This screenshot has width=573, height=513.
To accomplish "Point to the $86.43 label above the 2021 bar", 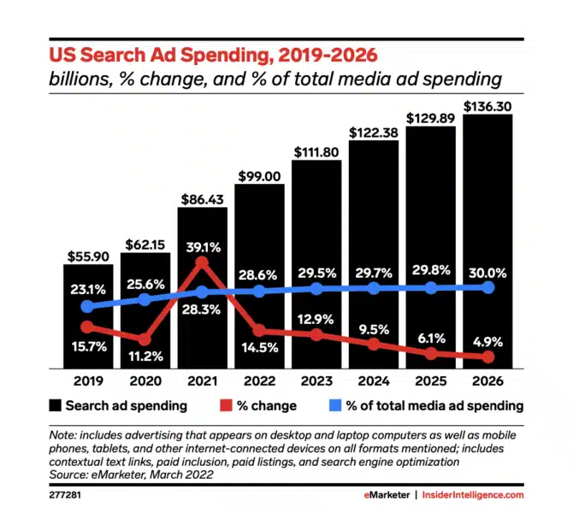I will pos(202,199).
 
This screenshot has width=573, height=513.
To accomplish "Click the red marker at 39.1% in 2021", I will pos(202,265).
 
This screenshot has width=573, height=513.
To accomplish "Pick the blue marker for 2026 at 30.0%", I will pos(488,287).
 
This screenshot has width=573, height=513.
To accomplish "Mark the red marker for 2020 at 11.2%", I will pos(145,339).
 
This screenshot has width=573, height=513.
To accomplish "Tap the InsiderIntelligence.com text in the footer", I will pos(477,494).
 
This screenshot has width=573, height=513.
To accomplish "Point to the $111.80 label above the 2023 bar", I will pos(316,152).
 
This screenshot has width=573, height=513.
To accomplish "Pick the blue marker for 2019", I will pos(87,306).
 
